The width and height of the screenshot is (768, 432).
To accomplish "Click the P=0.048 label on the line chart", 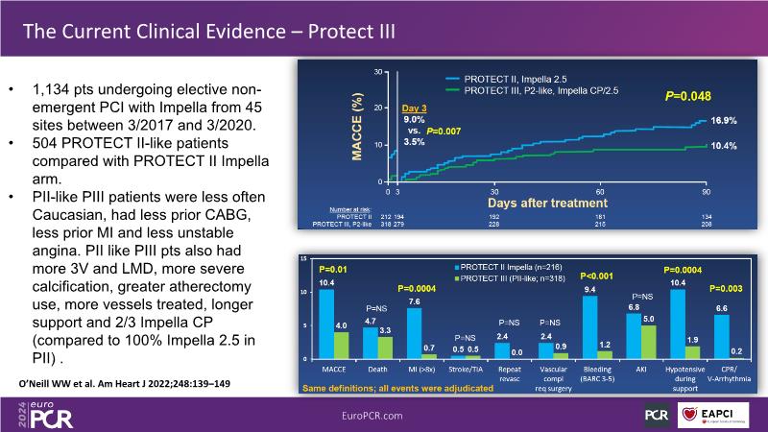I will click(x=688, y=96).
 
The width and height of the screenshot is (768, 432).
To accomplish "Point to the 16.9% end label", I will click(x=724, y=121).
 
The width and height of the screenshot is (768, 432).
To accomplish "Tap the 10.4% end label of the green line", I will click(x=724, y=146).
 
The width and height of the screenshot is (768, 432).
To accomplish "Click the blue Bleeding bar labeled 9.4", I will click(x=589, y=326).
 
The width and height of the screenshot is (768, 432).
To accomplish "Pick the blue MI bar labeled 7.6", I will click(x=414, y=332).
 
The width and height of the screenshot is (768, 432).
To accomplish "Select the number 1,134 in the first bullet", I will click(x=49, y=90).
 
